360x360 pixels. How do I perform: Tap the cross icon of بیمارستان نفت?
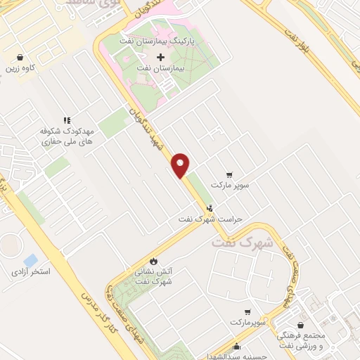click(161, 56)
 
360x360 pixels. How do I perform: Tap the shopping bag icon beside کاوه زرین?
click(20, 57)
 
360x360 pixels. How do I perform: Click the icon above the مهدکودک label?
click(67, 120)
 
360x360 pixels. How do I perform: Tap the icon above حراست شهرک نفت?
click(210, 208)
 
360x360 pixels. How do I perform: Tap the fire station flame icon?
click(154, 260)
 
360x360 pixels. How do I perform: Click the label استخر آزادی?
click(30, 271)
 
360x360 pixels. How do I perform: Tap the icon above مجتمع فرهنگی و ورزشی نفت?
click(302, 326)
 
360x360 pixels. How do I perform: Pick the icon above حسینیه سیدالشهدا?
click(238, 346)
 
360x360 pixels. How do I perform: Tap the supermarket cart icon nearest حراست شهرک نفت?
click(229, 175)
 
